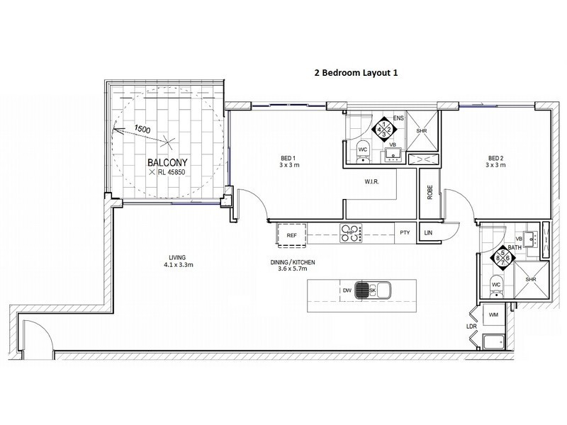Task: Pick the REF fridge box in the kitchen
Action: (x=291, y=233)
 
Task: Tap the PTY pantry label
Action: (x=405, y=233)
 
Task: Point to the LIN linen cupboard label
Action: (x=428, y=233)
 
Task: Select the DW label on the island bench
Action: (x=347, y=290)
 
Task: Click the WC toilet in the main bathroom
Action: (x=495, y=284)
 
